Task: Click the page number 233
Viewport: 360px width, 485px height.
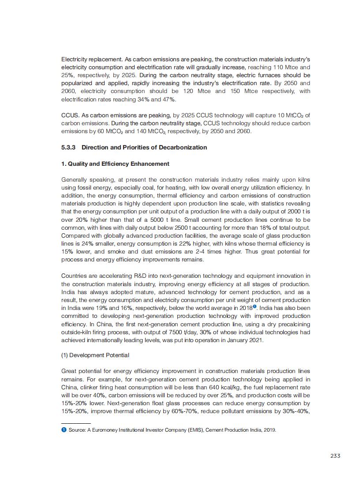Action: pyautogui.click(x=335, y=456)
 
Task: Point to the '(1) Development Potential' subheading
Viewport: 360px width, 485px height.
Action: pyautogui.click(x=95, y=355)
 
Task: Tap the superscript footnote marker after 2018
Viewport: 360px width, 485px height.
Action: pyautogui.click(x=255, y=306)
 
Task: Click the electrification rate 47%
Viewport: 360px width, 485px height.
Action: pyautogui.click(x=157, y=99)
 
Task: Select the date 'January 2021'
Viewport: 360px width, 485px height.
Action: pyautogui.click(x=241, y=340)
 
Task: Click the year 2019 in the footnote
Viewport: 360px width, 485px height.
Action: pyautogui.click(x=270, y=430)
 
